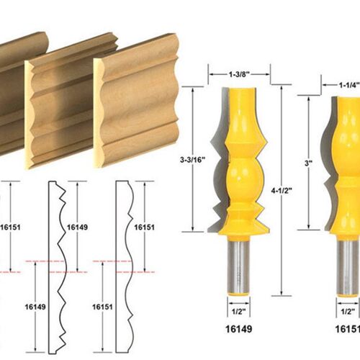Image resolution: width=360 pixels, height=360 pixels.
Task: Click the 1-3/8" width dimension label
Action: [239, 74]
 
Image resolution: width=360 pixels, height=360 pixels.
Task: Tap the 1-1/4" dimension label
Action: [349, 85]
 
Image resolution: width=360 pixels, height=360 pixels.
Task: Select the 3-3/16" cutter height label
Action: [193, 160]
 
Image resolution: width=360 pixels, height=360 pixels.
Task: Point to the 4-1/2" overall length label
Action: [282, 191]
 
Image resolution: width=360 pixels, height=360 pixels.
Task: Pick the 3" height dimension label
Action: [308, 163]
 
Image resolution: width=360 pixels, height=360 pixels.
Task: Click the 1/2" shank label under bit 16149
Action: [239, 312]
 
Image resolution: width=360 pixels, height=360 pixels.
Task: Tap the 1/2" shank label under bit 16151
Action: [348, 312]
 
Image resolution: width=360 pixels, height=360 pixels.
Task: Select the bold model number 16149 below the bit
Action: [239, 329]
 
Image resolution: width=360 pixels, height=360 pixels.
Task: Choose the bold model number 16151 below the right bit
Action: [348, 329]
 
